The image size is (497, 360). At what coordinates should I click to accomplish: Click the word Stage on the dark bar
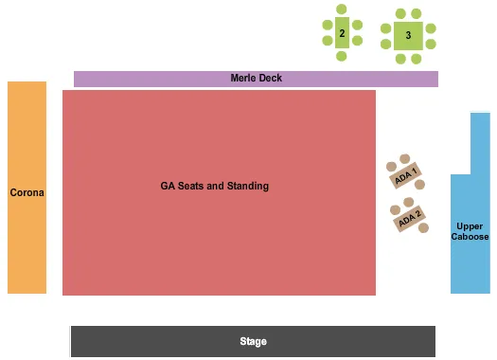coord(253,341)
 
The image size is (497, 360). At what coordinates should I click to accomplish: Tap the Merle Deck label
coord(256,78)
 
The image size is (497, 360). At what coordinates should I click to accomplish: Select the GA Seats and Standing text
coord(214,186)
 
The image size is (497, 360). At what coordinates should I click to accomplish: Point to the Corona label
coord(27,192)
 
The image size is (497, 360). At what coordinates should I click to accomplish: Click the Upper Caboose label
coord(470,231)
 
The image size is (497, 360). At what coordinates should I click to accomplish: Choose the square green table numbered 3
coord(408,36)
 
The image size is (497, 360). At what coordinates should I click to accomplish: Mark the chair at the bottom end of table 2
coord(342,57)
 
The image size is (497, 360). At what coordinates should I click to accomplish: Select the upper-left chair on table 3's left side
coord(386,28)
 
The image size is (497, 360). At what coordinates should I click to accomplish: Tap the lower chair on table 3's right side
coord(431,44)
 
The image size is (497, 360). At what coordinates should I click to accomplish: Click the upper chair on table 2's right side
coord(357,25)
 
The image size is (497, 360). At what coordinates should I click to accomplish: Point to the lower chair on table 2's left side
coord(327,42)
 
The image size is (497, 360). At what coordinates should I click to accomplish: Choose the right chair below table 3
coord(416,59)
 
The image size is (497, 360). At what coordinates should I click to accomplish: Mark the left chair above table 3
coord(400,13)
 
